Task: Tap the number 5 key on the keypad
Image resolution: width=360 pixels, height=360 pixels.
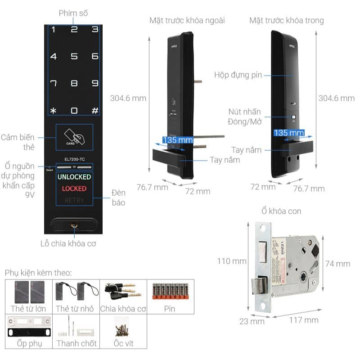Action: point(74,57)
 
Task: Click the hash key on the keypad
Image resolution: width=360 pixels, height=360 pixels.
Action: point(95,111)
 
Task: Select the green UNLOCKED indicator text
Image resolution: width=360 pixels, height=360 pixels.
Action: point(74,176)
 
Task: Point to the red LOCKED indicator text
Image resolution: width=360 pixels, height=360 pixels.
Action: point(74,189)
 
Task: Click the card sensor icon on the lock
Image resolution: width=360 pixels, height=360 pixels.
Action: point(74,136)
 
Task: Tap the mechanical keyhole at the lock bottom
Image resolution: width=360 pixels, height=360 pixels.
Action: point(74,225)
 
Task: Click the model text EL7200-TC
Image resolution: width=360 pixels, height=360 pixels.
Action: point(74,159)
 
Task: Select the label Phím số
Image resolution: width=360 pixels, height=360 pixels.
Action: point(74,13)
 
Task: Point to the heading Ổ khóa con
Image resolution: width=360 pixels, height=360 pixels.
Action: point(281,211)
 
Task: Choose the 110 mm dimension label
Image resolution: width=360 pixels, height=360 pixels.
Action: point(231,261)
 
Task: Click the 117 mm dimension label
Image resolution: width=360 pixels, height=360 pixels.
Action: point(304,320)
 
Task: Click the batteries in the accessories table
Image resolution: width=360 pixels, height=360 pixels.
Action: point(170,291)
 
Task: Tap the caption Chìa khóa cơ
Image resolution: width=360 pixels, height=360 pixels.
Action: point(122,309)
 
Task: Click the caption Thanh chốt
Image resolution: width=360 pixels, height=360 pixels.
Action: point(76,343)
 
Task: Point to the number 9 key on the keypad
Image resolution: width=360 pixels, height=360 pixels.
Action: point(95,83)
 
